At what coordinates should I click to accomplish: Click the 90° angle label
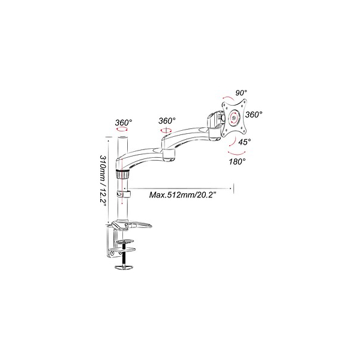(x=241, y=93)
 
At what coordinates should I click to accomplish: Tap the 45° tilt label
(x=244, y=142)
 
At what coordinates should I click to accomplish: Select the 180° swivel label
(x=237, y=161)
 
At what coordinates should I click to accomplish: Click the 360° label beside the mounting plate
(x=253, y=115)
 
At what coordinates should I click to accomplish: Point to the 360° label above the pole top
(x=124, y=122)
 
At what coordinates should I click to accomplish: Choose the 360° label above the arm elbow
(x=167, y=121)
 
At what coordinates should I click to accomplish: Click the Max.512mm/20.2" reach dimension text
(x=183, y=195)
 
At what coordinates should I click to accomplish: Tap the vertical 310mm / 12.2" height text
(x=103, y=181)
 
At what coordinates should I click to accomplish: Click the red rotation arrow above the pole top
(x=122, y=130)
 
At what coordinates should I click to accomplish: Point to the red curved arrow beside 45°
(x=233, y=142)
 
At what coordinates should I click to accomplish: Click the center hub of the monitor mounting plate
(x=234, y=118)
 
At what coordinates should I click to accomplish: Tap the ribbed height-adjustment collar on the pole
(x=122, y=174)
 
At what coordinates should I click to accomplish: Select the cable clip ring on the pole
(x=123, y=194)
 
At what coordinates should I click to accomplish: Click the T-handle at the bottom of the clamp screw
(x=124, y=267)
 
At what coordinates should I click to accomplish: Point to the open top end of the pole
(x=122, y=137)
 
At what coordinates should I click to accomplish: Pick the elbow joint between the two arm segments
(x=169, y=155)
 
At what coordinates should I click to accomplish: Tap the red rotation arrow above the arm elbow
(x=166, y=130)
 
